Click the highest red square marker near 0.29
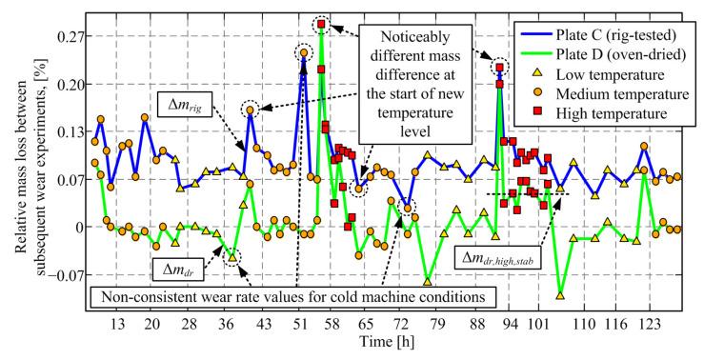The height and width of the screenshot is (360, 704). pos(322,24)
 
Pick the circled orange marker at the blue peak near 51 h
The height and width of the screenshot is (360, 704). pos(304,53)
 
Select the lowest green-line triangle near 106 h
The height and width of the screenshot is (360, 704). pos(561,295)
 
